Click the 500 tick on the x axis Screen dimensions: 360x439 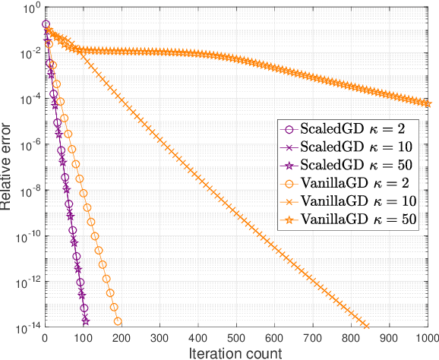[x=236, y=337]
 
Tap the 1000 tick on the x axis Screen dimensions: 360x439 [x=426, y=337]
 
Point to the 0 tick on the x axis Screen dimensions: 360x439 [x=45, y=337]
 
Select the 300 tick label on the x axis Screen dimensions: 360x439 [x=159, y=337]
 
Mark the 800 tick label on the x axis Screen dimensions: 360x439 [x=351, y=337]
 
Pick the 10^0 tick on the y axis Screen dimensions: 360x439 [x=29, y=8]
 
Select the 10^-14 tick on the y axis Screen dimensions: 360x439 [x=26, y=327]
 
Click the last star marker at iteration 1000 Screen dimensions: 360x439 [x=427, y=103]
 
